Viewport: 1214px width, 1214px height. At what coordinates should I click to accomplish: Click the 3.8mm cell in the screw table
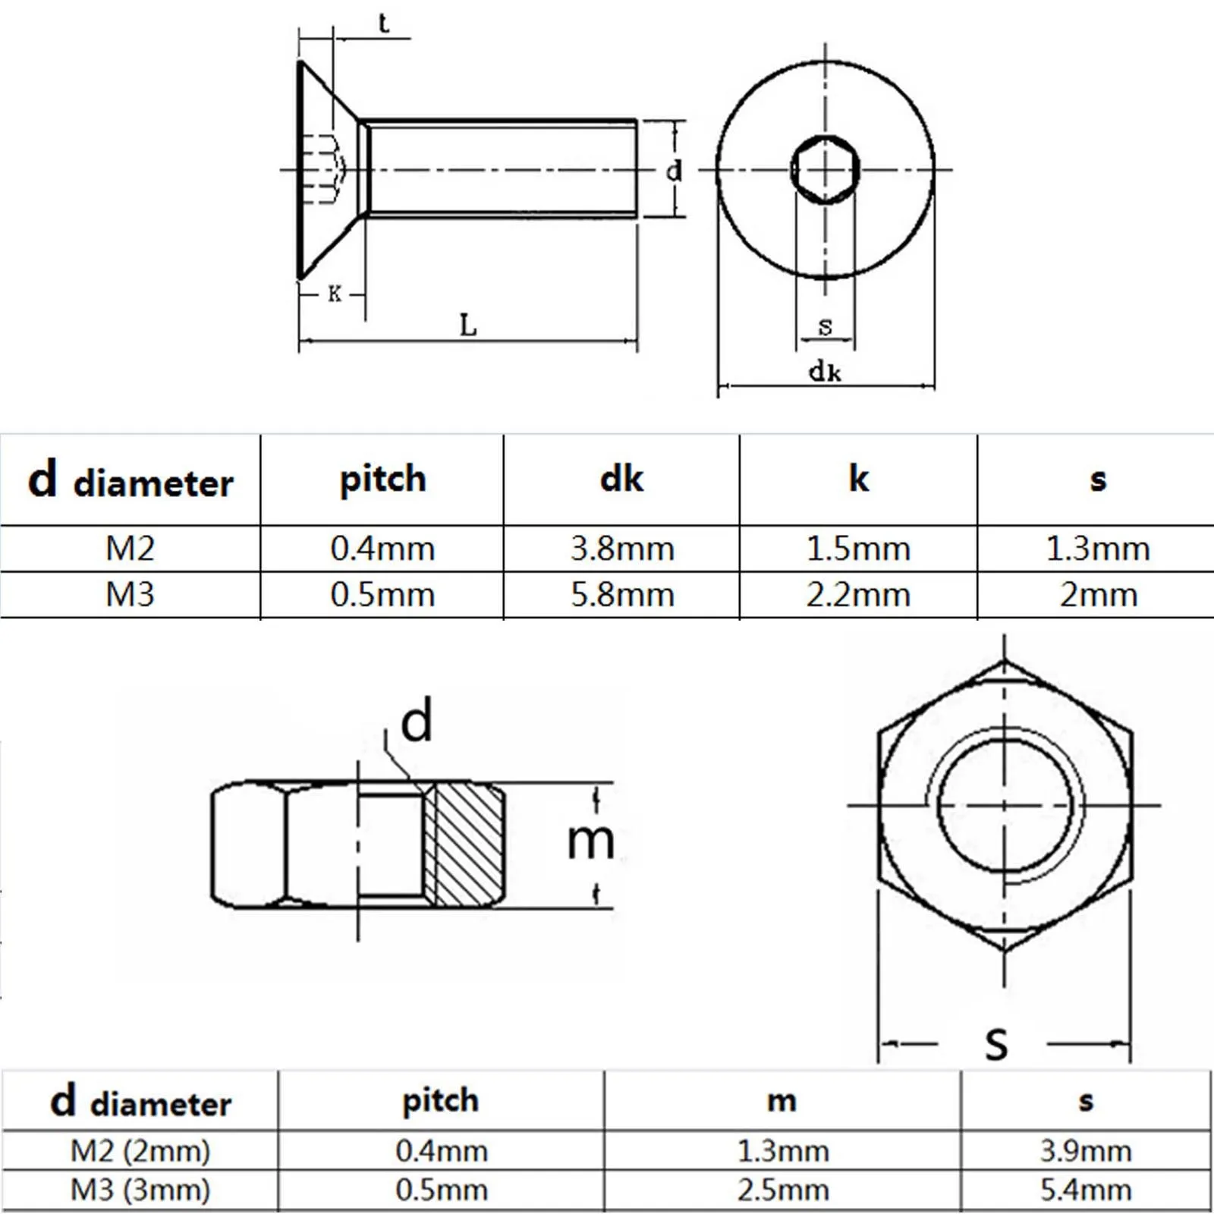pyautogui.click(x=622, y=549)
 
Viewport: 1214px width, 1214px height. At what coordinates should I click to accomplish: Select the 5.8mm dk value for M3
pyautogui.click(x=622, y=595)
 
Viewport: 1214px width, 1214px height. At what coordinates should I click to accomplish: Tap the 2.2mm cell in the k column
pyautogui.click(x=858, y=595)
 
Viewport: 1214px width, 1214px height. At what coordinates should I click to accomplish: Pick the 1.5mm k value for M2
pyautogui.click(x=858, y=549)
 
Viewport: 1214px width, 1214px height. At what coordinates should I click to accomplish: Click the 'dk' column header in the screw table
pyautogui.click(x=621, y=479)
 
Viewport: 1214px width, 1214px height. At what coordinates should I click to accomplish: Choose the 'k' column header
pyautogui.click(x=858, y=479)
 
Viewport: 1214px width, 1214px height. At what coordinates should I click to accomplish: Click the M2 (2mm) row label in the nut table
pyautogui.click(x=140, y=1151)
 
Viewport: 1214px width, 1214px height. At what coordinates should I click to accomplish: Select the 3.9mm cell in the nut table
pyautogui.click(x=1086, y=1151)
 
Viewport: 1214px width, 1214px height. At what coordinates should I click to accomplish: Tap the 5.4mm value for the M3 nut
pyautogui.click(x=1086, y=1190)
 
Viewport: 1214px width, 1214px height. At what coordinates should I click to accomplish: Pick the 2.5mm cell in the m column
pyautogui.click(x=783, y=1190)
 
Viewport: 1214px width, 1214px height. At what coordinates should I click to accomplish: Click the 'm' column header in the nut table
pyautogui.click(x=782, y=1101)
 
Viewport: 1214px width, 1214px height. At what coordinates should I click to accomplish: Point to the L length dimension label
pyautogui.click(x=468, y=326)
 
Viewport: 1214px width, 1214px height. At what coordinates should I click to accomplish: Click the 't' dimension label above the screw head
pyautogui.click(x=383, y=24)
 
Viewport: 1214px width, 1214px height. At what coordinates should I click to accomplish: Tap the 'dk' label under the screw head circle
pyautogui.click(x=825, y=372)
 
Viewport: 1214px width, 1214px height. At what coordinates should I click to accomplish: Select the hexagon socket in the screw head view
pyautogui.click(x=825, y=169)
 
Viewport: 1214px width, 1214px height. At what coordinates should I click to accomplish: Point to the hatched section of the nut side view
pyautogui.click(x=464, y=844)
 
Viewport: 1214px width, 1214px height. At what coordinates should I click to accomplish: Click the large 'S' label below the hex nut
pyautogui.click(x=996, y=1044)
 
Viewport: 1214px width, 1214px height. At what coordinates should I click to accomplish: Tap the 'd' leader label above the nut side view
pyautogui.click(x=417, y=722)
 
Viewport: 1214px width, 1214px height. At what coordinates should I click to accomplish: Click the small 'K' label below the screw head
pyautogui.click(x=335, y=294)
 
